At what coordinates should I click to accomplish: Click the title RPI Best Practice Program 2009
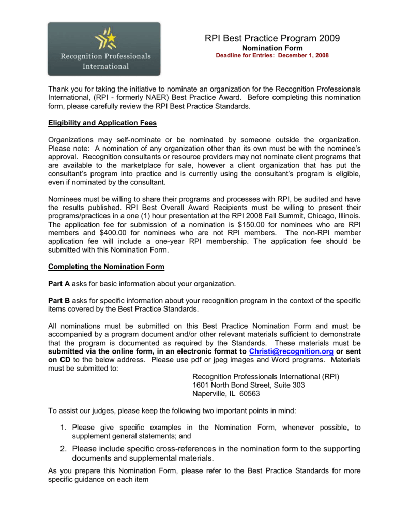click(x=272, y=38)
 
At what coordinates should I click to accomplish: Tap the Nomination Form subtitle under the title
click(x=272, y=48)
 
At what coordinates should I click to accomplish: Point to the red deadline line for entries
click(x=272, y=55)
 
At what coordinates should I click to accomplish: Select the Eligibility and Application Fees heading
click(x=102, y=123)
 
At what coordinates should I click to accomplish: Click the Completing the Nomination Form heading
click(x=106, y=267)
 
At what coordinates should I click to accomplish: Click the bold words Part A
click(x=58, y=284)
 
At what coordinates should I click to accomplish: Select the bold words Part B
click(x=58, y=301)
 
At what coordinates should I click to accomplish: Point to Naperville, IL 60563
click(x=226, y=393)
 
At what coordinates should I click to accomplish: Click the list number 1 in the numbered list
click(x=62, y=428)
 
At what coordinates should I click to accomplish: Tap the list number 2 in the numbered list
click(x=62, y=448)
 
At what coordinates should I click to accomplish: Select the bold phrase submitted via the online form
click(x=107, y=351)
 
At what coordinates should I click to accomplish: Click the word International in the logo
click(x=106, y=66)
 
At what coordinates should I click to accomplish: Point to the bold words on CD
click(x=59, y=360)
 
